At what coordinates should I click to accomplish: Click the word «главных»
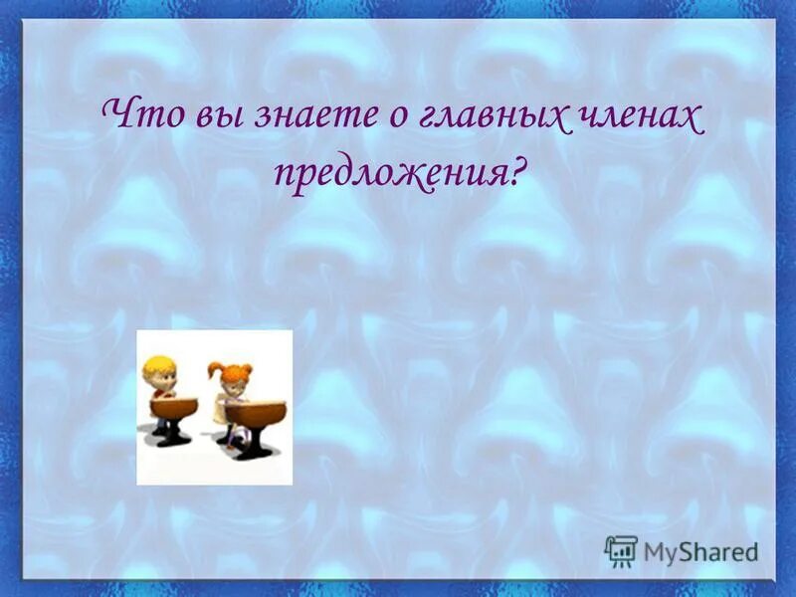coord(466,117)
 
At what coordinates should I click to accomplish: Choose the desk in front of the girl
coord(254,409)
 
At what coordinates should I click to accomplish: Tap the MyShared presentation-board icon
coord(620,550)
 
